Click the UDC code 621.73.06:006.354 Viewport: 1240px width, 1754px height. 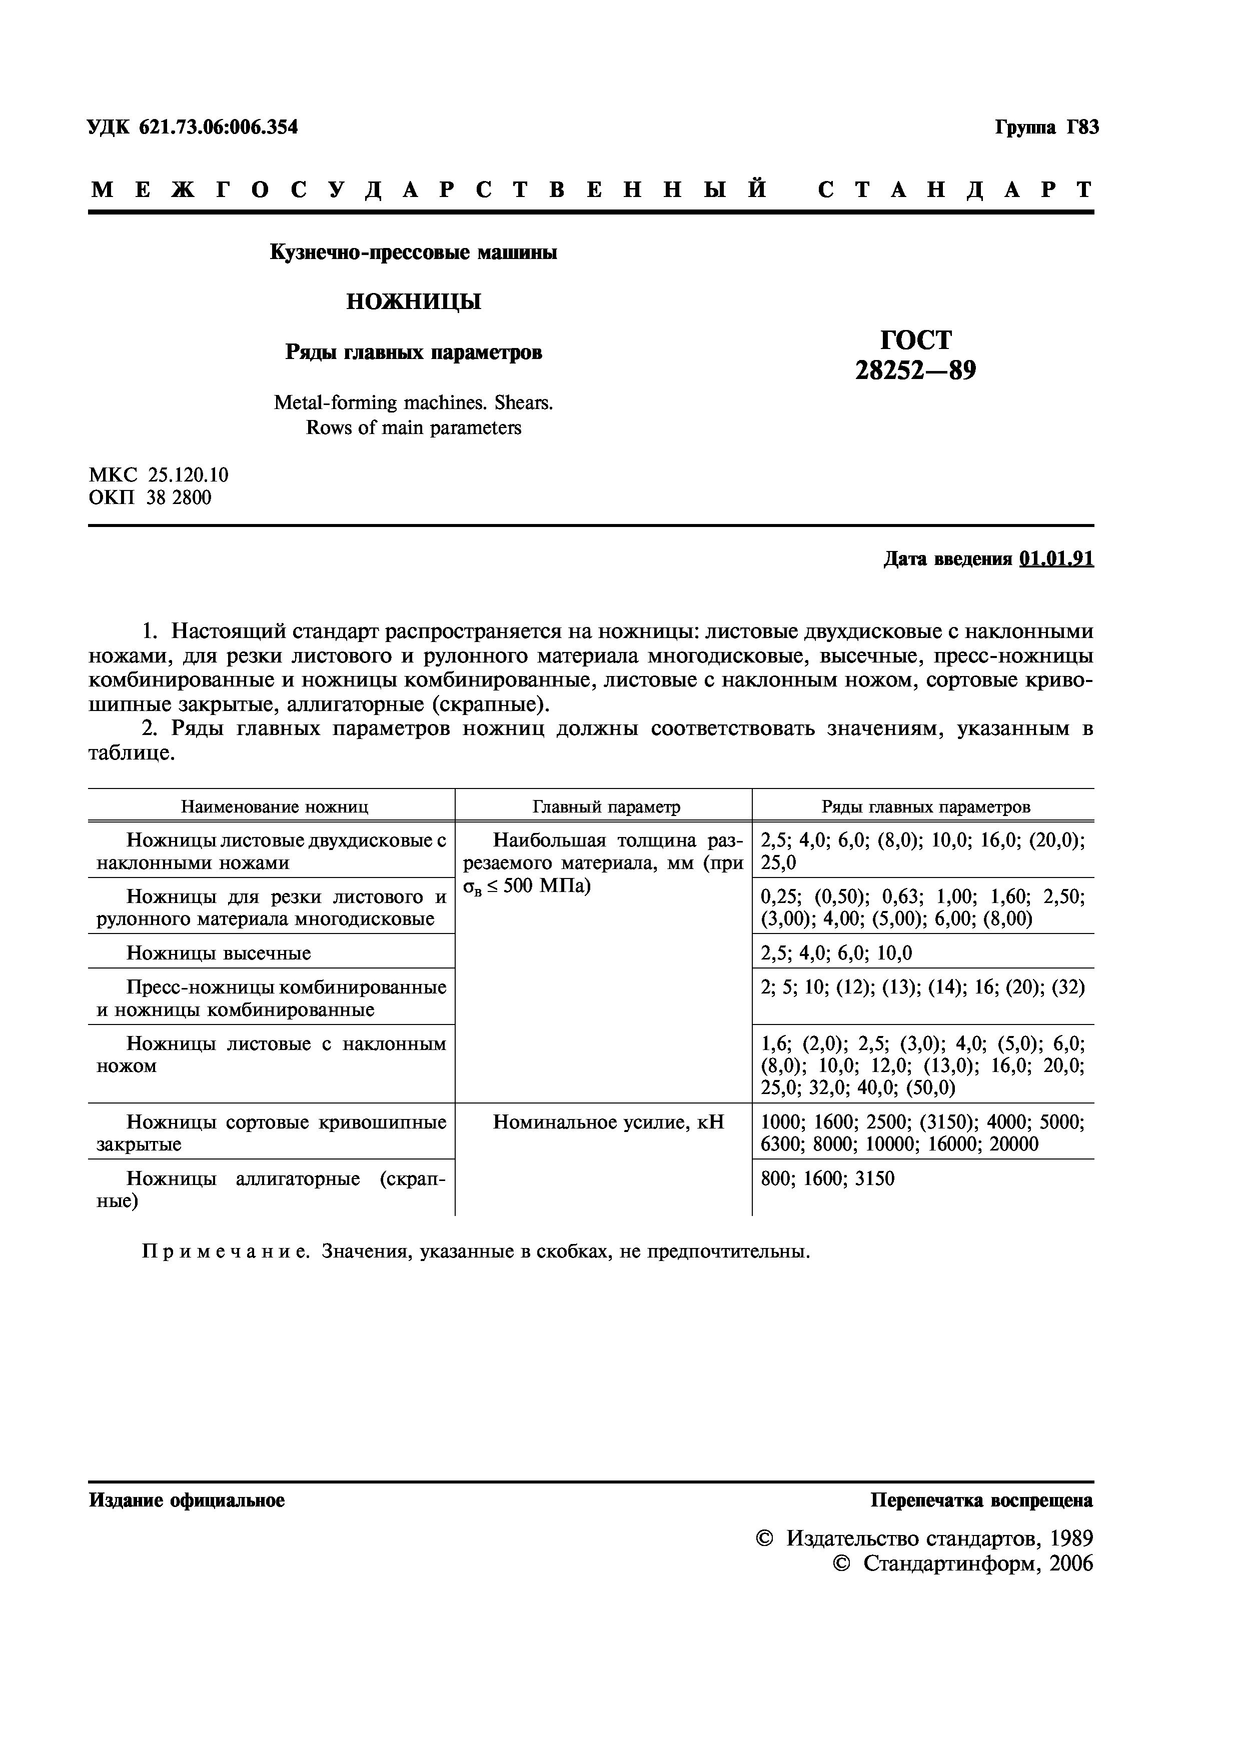[218, 127]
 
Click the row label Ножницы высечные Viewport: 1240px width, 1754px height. [219, 953]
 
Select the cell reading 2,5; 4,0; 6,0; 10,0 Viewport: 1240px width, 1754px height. [837, 953]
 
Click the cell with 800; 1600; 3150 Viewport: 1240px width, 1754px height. [827, 1179]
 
